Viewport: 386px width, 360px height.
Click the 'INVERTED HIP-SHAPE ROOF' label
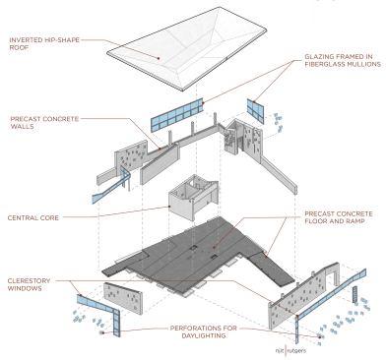[x=44, y=43]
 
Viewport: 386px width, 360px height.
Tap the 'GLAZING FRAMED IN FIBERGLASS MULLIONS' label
[x=343, y=60]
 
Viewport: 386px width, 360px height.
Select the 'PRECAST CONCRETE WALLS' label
[x=44, y=122]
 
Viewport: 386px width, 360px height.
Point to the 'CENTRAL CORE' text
[x=33, y=217]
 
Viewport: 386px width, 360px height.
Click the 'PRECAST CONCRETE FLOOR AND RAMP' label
[x=339, y=217]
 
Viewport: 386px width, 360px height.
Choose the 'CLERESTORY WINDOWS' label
[x=29, y=284]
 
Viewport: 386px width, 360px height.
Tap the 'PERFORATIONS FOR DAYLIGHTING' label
[x=203, y=331]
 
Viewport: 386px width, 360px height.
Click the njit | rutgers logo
[x=290, y=351]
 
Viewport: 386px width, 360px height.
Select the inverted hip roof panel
[x=187, y=48]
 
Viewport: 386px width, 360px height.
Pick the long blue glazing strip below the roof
[x=177, y=115]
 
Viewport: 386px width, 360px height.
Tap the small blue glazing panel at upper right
[x=256, y=110]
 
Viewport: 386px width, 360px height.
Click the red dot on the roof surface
[x=159, y=58]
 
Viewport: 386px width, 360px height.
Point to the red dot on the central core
[x=169, y=207]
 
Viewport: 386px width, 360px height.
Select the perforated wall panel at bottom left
[x=123, y=298]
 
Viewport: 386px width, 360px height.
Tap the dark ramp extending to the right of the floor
[x=272, y=268]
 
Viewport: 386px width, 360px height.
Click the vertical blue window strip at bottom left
[x=116, y=324]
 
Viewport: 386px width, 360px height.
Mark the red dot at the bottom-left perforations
[x=101, y=333]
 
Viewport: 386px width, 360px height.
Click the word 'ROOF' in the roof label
[x=19, y=47]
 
